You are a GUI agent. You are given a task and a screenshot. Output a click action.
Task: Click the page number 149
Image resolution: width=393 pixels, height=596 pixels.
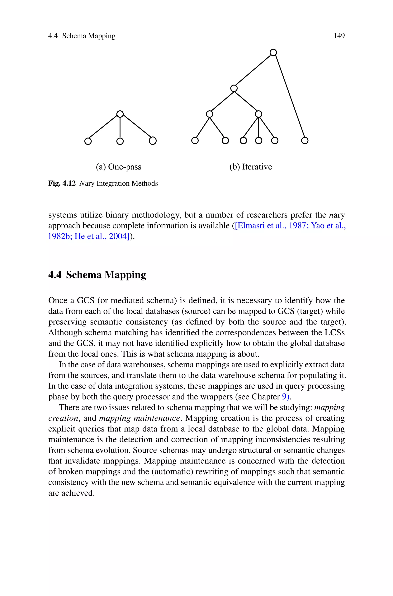pos(339,36)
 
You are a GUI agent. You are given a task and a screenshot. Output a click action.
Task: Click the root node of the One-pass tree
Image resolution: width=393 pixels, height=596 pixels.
pos(120,114)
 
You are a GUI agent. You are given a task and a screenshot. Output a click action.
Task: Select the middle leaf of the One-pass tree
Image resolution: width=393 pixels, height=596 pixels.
pos(120,141)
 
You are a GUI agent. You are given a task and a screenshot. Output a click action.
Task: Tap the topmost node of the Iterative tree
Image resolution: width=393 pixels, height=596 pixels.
pos(273,53)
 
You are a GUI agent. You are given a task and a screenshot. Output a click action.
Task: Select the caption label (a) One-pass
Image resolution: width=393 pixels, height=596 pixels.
pos(119,167)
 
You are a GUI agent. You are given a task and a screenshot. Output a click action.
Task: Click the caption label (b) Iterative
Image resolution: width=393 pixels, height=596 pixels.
pos(250,167)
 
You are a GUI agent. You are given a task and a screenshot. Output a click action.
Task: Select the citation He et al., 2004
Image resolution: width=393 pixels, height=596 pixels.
pos(102,236)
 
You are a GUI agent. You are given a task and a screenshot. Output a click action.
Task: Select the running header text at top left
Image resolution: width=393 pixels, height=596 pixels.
pos(82,36)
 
